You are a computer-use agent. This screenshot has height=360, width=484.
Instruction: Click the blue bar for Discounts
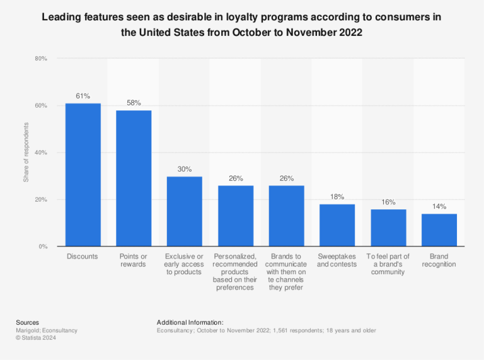(x=83, y=175)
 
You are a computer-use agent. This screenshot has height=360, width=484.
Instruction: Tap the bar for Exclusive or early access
(x=184, y=211)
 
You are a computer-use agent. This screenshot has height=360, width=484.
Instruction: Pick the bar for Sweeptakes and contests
(x=337, y=225)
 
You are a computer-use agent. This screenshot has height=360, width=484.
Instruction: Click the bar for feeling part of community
(x=388, y=228)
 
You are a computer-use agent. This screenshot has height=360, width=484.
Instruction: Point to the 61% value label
(x=83, y=96)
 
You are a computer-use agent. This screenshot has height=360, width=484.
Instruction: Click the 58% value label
(x=134, y=103)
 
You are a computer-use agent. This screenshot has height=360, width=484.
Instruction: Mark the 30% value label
(x=184, y=169)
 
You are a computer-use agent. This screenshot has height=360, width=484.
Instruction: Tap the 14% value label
(x=439, y=206)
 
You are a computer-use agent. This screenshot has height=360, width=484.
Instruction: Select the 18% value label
(x=337, y=197)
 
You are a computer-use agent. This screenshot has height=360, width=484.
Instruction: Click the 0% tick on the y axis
(x=42, y=247)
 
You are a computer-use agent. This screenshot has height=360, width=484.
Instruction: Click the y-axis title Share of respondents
(x=26, y=153)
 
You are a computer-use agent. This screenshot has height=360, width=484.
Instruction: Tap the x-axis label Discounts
(x=83, y=257)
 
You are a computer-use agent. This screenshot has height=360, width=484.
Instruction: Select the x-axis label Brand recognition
(x=439, y=260)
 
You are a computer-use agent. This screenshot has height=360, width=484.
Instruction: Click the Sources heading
(x=27, y=322)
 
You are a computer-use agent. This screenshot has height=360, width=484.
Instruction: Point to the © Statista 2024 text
(x=37, y=337)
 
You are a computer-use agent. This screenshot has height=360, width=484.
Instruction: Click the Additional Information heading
(x=190, y=322)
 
